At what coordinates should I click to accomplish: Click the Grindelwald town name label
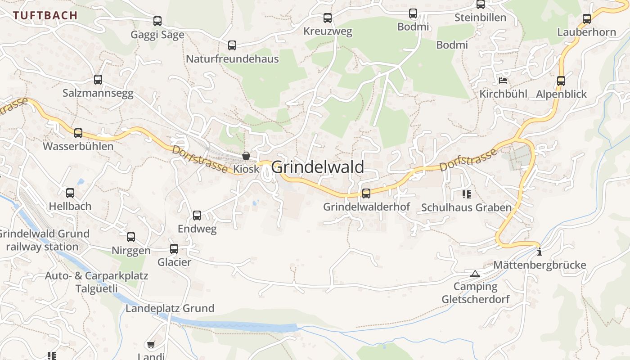pyautogui.click(x=318, y=167)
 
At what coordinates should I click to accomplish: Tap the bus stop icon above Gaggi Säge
pyautogui.click(x=157, y=21)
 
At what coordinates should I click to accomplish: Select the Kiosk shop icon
pyautogui.click(x=246, y=156)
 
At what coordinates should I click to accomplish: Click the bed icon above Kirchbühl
pyautogui.click(x=503, y=81)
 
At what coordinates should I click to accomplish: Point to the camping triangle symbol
pyautogui.click(x=475, y=274)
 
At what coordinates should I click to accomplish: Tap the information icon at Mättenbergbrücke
pyautogui.click(x=540, y=252)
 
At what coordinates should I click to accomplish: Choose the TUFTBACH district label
pyautogui.click(x=45, y=15)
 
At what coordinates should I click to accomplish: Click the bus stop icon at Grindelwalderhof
pyautogui.click(x=366, y=193)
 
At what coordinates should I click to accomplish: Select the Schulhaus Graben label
pyautogui.click(x=466, y=207)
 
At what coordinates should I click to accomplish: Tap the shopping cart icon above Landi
pyautogui.click(x=151, y=345)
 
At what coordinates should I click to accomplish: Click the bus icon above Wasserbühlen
pyautogui.click(x=78, y=133)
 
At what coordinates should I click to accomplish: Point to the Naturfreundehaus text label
pyautogui.click(x=232, y=59)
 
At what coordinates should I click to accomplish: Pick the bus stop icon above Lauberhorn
pyautogui.click(x=587, y=19)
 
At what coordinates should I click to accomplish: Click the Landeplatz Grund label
pyautogui.click(x=170, y=308)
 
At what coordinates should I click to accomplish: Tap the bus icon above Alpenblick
pyautogui.click(x=561, y=81)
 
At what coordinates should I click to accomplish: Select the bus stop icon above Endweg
pyautogui.click(x=197, y=216)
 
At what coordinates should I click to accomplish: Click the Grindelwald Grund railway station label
pyautogui.click(x=43, y=240)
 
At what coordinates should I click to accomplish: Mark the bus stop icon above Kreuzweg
pyautogui.click(x=328, y=18)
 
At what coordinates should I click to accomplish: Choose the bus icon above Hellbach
pyautogui.click(x=70, y=193)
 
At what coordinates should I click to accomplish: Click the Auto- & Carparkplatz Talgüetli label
pyautogui.click(x=96, y=282)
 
